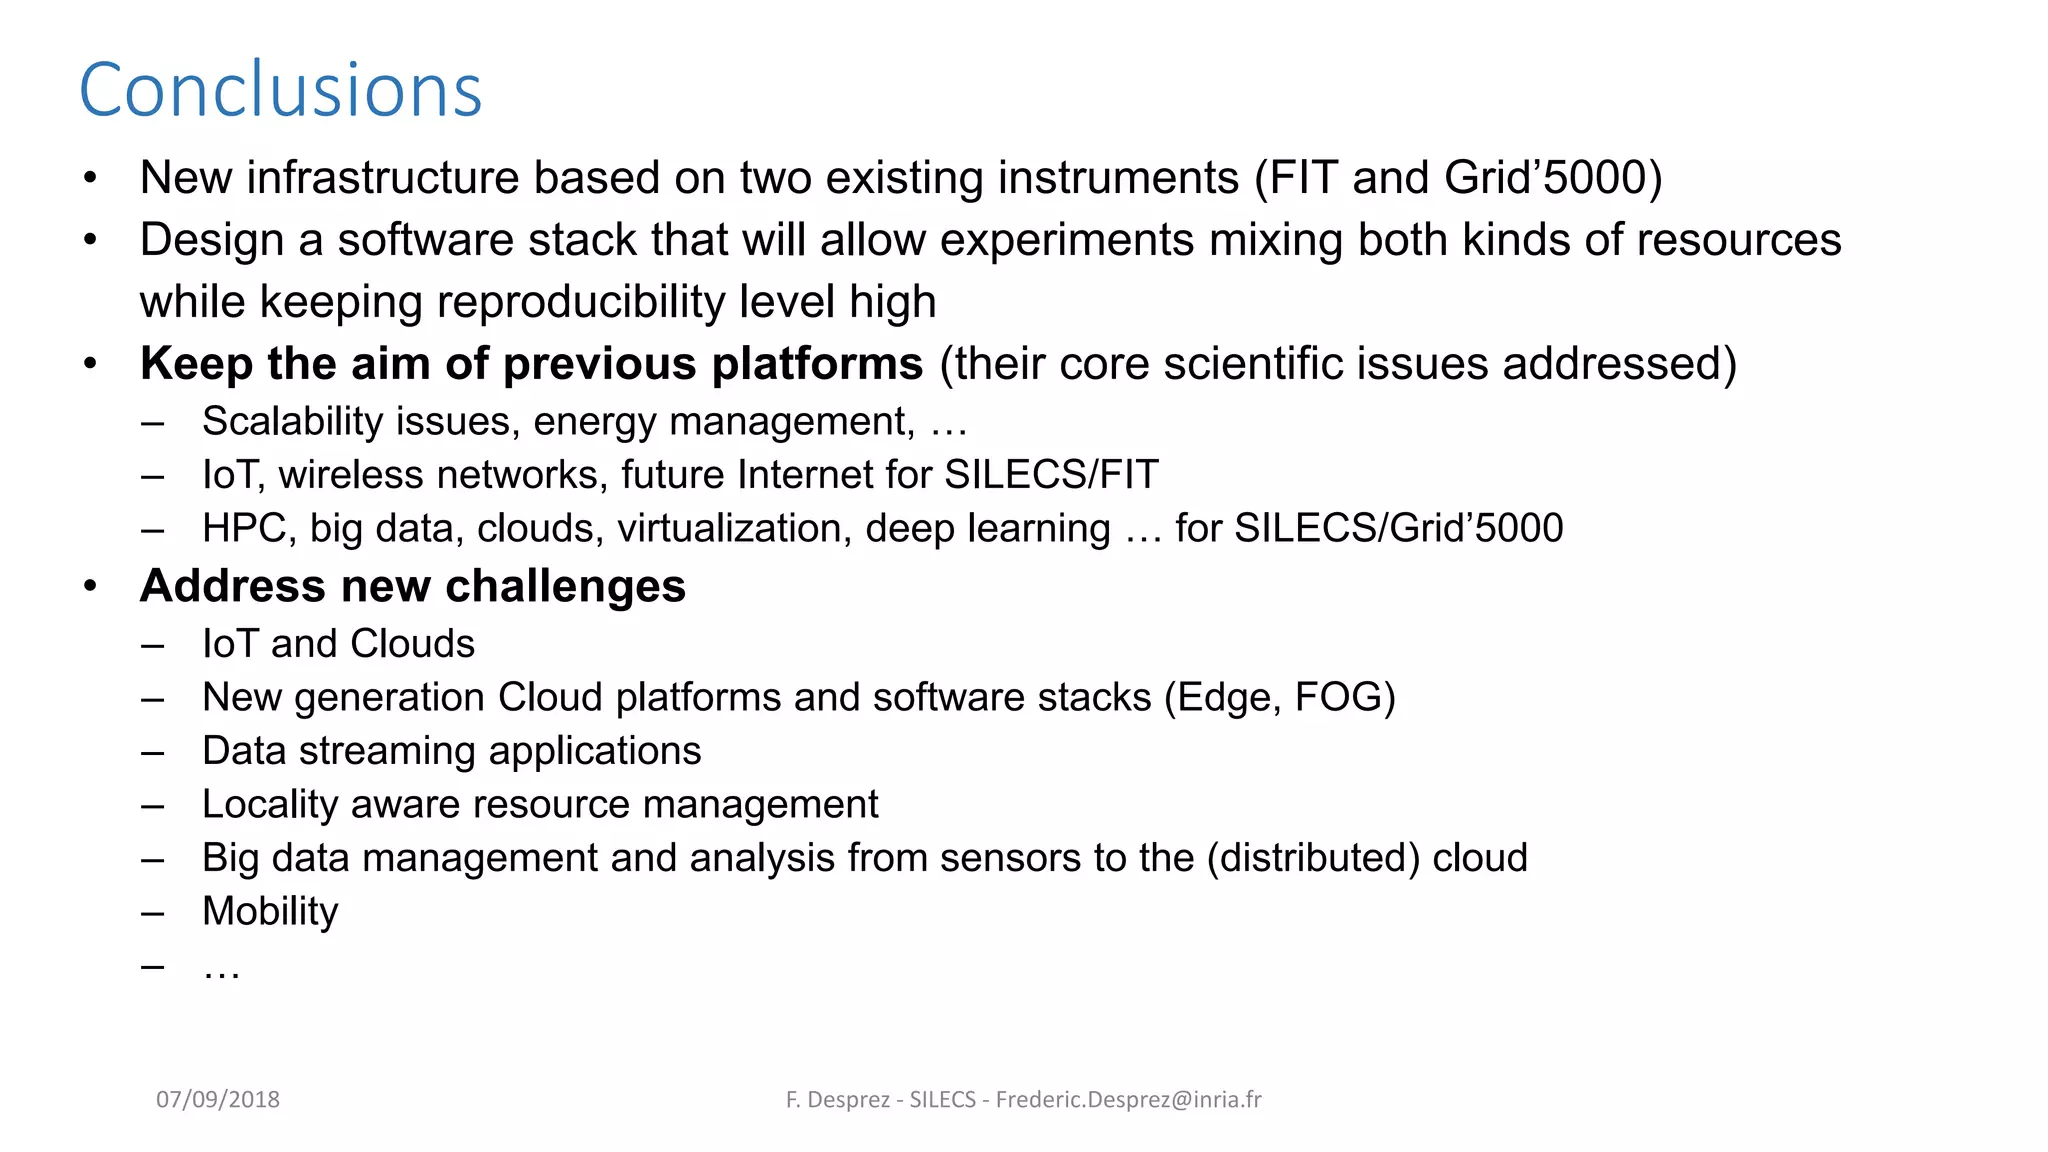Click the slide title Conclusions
point(280,90)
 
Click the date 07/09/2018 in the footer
point(218,1099)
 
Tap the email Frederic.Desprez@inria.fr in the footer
point(1128,1099)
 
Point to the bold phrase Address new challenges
point(412,586)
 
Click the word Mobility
point(270,911)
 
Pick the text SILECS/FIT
point(1050,474)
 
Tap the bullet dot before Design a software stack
point(90,240)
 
